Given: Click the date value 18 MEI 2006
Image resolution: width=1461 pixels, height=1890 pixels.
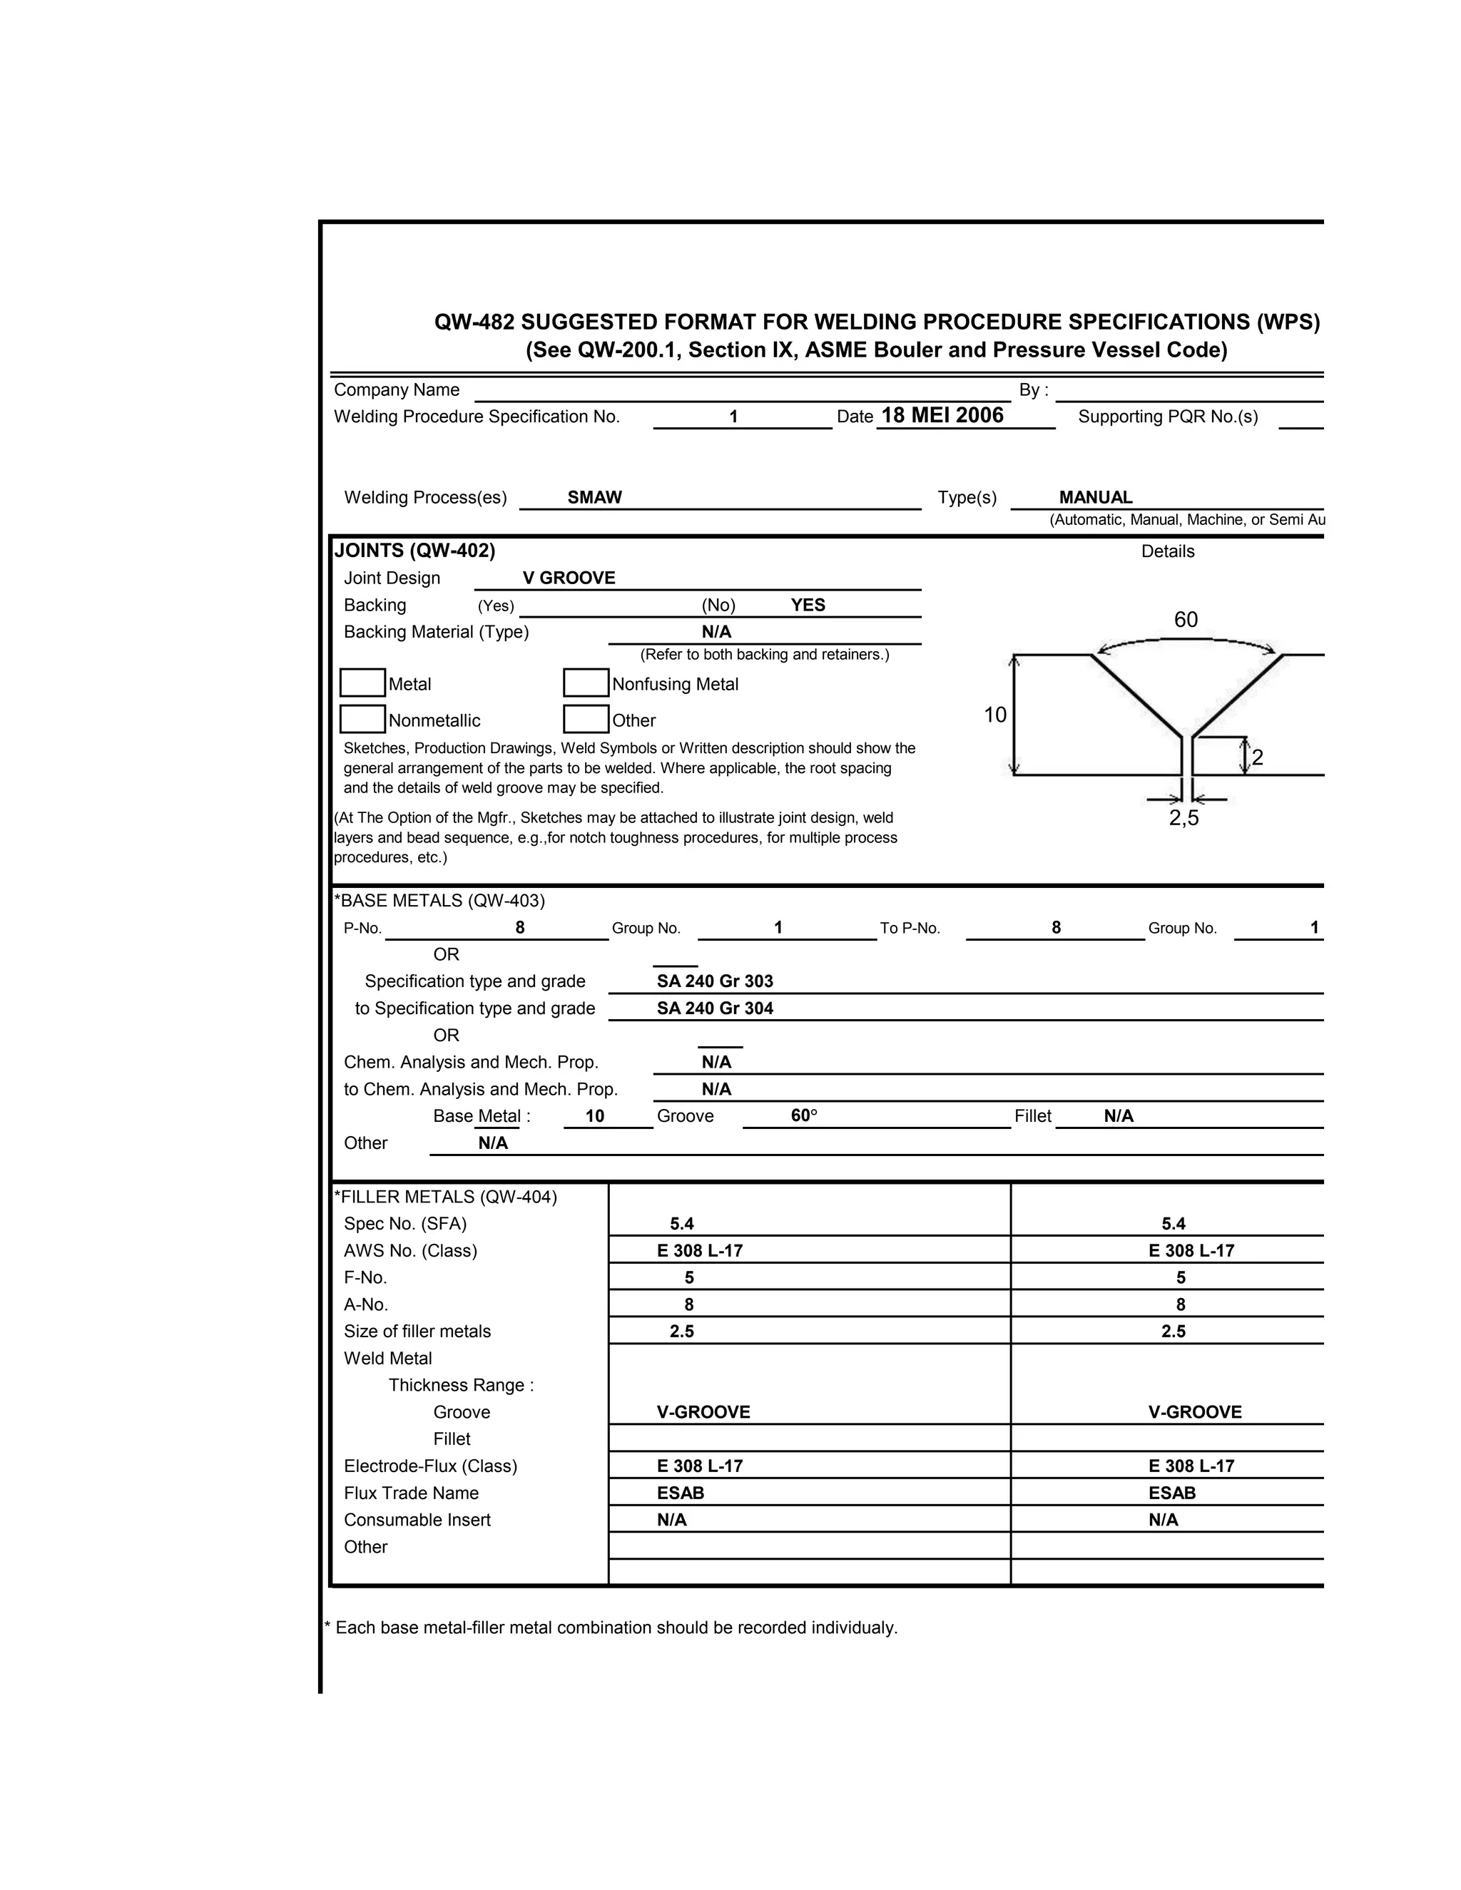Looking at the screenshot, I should coord(942,415).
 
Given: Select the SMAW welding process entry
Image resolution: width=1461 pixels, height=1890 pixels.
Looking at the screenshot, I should coord(595,498).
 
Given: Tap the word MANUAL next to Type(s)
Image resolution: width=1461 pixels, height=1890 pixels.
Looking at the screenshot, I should coord(1095,498).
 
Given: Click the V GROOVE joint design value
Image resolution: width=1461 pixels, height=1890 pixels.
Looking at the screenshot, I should coord(569,578).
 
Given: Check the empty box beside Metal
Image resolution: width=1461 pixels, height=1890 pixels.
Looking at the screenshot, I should coord(362,683).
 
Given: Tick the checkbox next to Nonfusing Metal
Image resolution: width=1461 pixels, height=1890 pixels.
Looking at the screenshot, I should coord(586,683).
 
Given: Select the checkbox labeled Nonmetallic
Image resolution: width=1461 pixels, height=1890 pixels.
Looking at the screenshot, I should coord(362,719).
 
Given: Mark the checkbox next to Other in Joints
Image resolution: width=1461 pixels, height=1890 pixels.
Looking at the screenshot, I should coord(586,719).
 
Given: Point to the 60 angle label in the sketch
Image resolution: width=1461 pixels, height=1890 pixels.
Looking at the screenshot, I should coord(1185,620).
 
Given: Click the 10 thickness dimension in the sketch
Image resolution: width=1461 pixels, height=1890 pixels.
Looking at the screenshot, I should coord(994,715).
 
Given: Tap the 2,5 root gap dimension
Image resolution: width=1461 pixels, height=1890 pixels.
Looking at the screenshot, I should coord(1183,819).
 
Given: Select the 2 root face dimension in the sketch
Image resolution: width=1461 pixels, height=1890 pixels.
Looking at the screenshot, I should coord(1257,758).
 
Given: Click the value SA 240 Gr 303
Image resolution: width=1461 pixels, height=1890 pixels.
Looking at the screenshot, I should coord(715,981).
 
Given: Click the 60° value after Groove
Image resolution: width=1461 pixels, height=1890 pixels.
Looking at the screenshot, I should coord(804,1115).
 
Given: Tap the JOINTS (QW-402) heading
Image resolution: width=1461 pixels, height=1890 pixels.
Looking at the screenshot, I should coord(414,551).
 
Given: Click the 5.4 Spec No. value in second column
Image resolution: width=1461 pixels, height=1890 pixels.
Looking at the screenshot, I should coord(1173,1224).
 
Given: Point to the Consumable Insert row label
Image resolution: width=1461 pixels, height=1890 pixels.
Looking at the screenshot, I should coord(417,1520).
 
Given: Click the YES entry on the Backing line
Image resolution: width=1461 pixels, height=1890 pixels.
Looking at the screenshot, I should coord(808,605).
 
